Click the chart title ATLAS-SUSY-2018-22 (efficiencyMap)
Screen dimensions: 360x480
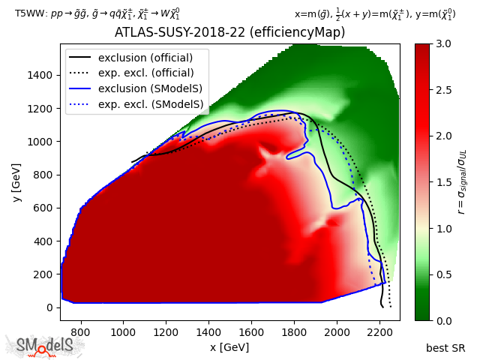point(229,33)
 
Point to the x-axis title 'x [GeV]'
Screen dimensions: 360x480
point(229,347)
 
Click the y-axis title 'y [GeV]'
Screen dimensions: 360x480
point(14,182)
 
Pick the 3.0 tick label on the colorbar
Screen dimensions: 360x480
point(442,44)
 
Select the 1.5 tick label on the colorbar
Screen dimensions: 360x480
point(442,182)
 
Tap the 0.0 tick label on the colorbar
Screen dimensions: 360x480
point(442,320)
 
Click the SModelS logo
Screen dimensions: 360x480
point(45,346)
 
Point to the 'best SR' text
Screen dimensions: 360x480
point(445,348)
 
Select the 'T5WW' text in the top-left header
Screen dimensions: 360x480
point(28,14)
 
